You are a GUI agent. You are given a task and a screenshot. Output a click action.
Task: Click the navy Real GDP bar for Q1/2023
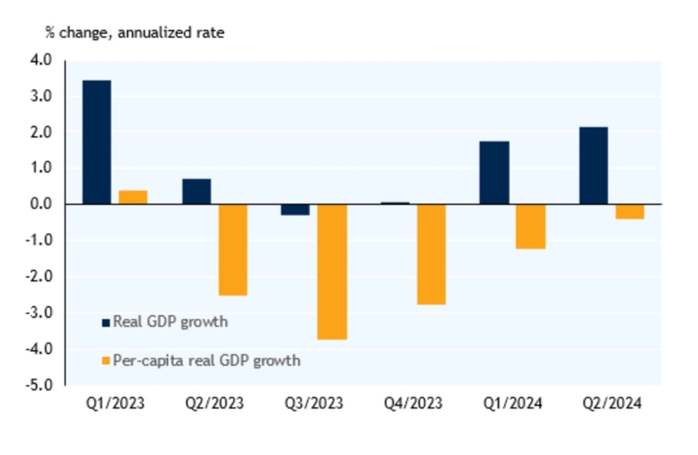pos(96,142)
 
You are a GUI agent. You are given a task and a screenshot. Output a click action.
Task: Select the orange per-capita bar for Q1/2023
pos(133,197)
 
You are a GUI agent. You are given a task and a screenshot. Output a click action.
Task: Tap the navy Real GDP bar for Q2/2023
pos(196,191)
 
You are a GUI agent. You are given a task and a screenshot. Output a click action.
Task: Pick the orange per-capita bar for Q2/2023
pos(233,249)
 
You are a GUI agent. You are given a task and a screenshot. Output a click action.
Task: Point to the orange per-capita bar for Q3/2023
pos(332,271)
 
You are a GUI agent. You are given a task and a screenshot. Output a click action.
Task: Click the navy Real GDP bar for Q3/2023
pos(295,210)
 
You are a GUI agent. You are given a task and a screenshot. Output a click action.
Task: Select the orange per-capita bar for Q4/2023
pos(431,254)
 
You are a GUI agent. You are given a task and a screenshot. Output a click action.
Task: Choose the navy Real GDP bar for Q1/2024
pos(494,173)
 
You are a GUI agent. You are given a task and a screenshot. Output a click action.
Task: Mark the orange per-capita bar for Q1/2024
pos(531,226)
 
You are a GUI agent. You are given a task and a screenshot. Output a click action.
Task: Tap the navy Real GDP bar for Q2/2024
pos(593,166)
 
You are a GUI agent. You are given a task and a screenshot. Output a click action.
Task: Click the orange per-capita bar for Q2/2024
pos(630,211)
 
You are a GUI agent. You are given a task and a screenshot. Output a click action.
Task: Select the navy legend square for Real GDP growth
pos(106,322)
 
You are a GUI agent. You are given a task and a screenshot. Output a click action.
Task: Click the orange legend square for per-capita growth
pos(106,360)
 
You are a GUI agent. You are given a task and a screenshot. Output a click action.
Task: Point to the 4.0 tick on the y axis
pos(41,61)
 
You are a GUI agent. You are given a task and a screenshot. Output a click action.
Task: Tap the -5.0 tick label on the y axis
pos(40,385)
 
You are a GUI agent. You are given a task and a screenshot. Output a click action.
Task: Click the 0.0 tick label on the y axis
pos(41,204)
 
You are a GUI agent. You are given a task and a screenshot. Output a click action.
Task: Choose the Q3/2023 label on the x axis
pos(314,404)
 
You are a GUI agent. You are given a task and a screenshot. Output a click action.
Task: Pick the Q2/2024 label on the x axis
pos(612,404)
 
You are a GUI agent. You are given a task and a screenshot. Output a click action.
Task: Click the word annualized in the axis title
pos(148,32)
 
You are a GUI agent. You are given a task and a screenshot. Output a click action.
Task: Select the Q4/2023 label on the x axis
pos(413,404)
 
